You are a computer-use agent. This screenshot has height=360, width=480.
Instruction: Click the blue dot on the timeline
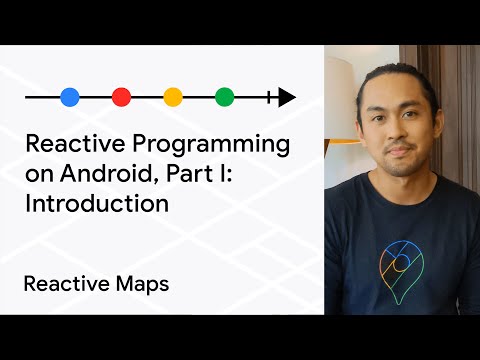click(69, 97)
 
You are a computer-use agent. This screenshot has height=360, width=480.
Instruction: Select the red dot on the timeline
click(121, 97)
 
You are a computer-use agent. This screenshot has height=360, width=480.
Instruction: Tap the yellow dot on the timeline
click(173, 97)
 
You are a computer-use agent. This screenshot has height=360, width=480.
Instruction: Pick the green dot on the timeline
click(225, 97)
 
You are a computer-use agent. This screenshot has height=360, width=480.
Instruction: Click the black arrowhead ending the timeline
click(286, 97)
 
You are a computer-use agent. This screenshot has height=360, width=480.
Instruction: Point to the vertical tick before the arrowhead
click(269, 97)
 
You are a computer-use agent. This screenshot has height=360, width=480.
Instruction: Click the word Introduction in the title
click(96, 204)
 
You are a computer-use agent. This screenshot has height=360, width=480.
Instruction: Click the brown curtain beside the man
click(462, 120)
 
